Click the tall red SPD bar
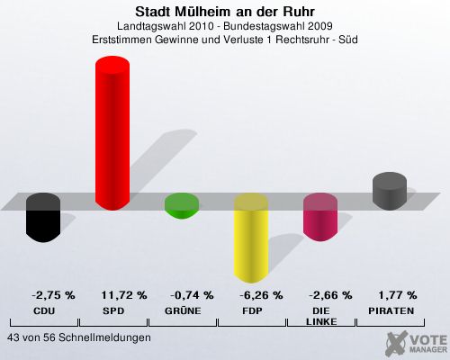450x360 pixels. coord(112,133)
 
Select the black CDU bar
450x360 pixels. coord(43,218)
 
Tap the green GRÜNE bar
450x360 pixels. coord(182,206)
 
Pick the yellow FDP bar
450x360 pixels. coord(251,238)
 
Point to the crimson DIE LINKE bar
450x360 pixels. coord(320,217)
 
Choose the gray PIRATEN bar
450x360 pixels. coord(390,191)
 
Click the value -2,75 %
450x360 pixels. coord(53,295)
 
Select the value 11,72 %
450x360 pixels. coord(124,295)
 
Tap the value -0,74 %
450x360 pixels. coord(192,295)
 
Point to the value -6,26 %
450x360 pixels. coord(261,295)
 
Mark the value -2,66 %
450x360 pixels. coord(330,295)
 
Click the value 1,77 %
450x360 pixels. coord(398,295)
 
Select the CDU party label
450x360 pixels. coord(44,311)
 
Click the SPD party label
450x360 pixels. coord(113,311)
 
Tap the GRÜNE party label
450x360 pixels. coord(183,310)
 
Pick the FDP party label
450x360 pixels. coord(252,311)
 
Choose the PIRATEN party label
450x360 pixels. coord(391,311)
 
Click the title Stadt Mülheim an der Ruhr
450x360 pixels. coord(225,12)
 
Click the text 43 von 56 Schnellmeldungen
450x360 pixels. coord(79,337)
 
